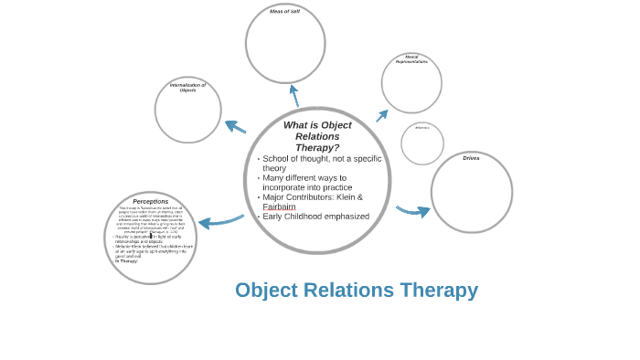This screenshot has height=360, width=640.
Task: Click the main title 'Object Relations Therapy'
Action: click(356, 290)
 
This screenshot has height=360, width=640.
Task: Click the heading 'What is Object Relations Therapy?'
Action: click(317, 136)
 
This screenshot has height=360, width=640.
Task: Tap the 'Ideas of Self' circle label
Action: click(284, 12)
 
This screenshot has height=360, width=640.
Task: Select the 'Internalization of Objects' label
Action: click(187, 88)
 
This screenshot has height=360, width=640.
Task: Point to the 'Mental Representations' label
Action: click(411, 59)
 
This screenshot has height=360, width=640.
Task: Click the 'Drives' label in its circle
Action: click(471, 158)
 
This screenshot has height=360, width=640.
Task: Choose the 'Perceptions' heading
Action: click(150, 201)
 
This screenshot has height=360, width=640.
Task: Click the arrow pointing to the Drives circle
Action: click(413, 211)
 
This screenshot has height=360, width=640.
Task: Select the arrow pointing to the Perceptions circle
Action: click(219, 221)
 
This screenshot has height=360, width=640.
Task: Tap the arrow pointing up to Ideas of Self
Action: click(294, 95)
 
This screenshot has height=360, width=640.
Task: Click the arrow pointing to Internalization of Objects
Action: click(235, 127)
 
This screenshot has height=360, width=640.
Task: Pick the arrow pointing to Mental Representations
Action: click(381, 116)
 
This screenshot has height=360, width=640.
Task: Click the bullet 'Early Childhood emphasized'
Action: click(315, 217)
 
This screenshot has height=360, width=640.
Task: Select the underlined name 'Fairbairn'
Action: click(279, 206)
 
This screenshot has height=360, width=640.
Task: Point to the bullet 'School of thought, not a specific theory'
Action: click(320, 163)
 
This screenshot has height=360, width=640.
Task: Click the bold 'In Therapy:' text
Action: click(126, 261)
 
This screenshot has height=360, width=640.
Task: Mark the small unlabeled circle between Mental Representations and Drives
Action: click(422, 143)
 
